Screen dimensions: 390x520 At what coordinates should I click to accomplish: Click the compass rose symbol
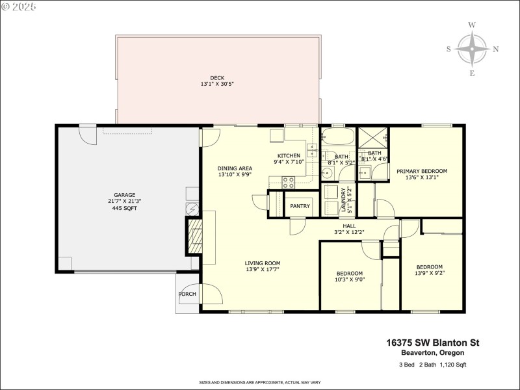point(472,49)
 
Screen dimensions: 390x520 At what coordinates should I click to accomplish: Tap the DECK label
point(217,78)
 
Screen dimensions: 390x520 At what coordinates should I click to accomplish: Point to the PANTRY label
point(300,207)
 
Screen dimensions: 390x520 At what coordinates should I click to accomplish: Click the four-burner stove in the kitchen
point(289,183)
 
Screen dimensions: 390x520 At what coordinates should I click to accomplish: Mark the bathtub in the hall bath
point(338,138)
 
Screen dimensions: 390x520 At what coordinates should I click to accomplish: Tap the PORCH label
point(187,294)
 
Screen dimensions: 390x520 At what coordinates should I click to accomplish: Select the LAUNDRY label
point(343,200)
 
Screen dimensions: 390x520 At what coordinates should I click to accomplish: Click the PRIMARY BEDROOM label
point(422,171)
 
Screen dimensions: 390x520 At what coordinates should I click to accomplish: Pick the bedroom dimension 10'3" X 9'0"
point(349,280)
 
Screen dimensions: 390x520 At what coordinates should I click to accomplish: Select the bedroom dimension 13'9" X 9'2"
point(429,274)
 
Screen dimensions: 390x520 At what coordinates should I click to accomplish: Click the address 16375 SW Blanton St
point(432,342)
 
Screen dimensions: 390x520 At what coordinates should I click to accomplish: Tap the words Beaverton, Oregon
point(432,352)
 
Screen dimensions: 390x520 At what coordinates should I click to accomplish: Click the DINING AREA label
point(235,168)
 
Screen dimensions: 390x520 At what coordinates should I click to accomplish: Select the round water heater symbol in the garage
point(192,209)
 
